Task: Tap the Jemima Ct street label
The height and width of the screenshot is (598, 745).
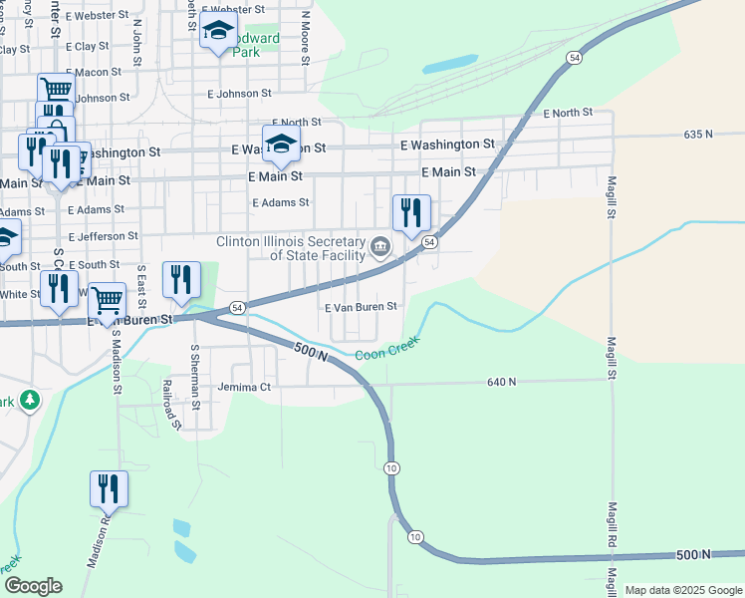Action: pyautogui.click(x=245, y=387)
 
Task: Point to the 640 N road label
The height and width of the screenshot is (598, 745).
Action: pyautogui.click(x=502, y=382)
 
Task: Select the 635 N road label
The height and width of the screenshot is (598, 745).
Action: pyautogui.click(x=699, y=134)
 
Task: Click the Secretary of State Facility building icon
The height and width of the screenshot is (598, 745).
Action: pyautogui.click(x=380, y=246)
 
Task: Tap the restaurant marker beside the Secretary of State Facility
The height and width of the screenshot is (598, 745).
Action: pyautogui.click(x=410, y=213)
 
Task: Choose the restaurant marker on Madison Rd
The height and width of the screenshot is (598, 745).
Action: pyautogui.click(x=109, y=489)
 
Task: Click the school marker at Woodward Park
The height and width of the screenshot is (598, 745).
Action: pyautogui.click(x=218, y=31)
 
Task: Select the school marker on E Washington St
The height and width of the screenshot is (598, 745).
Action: pyautogui.click(x=282, y=144)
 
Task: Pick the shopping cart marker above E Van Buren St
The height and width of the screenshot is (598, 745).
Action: pyautogui.click(x=107, y=299)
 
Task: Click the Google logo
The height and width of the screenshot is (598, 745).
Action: pyautogui.click(x=33, y=586)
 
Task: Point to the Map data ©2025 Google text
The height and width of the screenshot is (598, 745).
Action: pyautogui.click(x=682, y=590)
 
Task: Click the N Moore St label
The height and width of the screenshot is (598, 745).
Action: pyautogui.click(x=306, y=33)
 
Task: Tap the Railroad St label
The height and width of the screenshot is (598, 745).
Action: pyautogui.click(x=171, y=405)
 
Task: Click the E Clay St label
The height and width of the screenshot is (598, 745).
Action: pyautogui.click(x=88, y=47)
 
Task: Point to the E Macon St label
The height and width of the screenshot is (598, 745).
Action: pyautogui.click(x=93, y=73)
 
